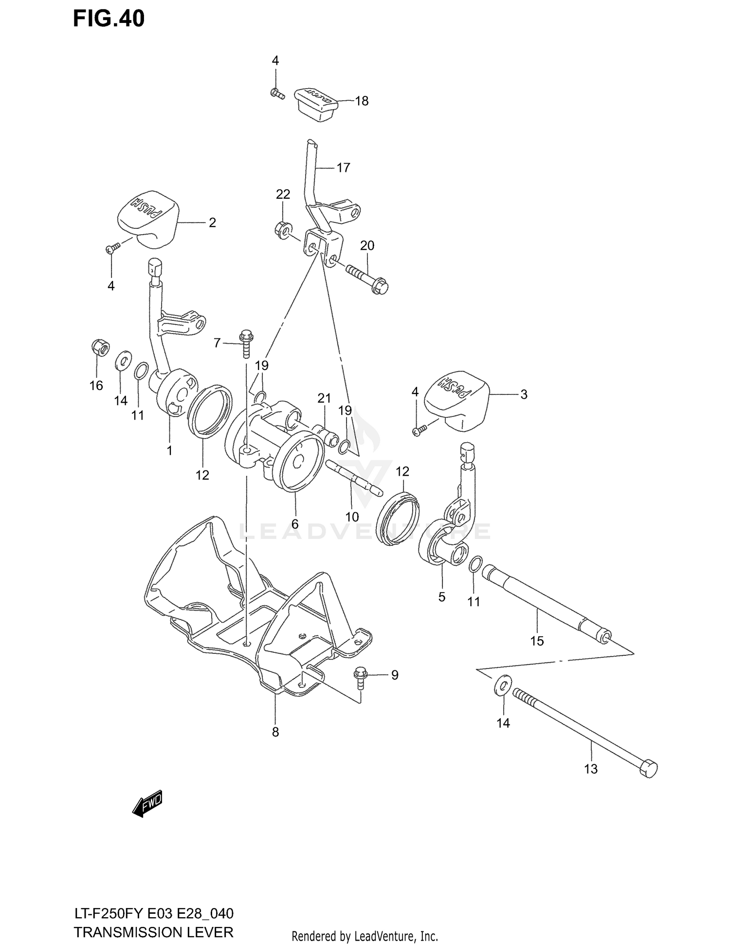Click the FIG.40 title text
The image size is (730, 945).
(x=109, y=19)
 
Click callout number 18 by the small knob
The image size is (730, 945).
(x=362, y=101)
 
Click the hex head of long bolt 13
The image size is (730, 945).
(x=648, y=770)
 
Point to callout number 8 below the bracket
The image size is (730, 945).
(x=275, y=732)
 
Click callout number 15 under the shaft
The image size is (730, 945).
(x=537, y=641)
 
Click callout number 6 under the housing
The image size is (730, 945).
(x=295, y=524)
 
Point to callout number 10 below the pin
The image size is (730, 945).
(x=352, y=517)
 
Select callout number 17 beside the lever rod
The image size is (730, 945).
(x=343, y=168)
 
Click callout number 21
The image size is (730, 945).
(x=324, y=398)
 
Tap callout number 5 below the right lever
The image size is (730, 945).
(x=442, y=597)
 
